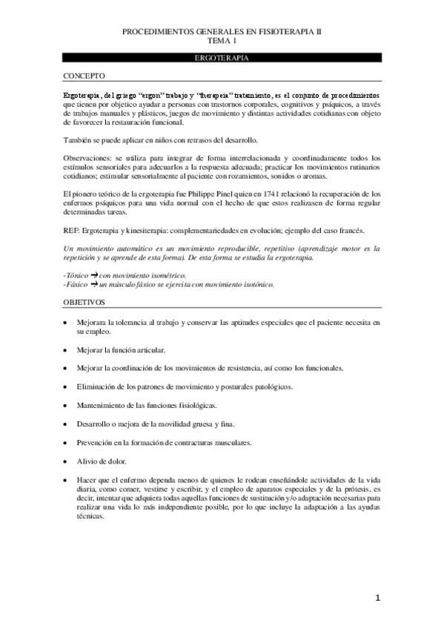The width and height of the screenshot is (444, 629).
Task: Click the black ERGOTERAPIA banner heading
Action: pos(222,57)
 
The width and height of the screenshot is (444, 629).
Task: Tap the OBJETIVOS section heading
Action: pos(84,303)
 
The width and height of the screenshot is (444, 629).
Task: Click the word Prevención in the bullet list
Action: pos(94,442)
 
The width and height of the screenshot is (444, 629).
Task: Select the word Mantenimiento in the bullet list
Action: pos(100,405)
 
